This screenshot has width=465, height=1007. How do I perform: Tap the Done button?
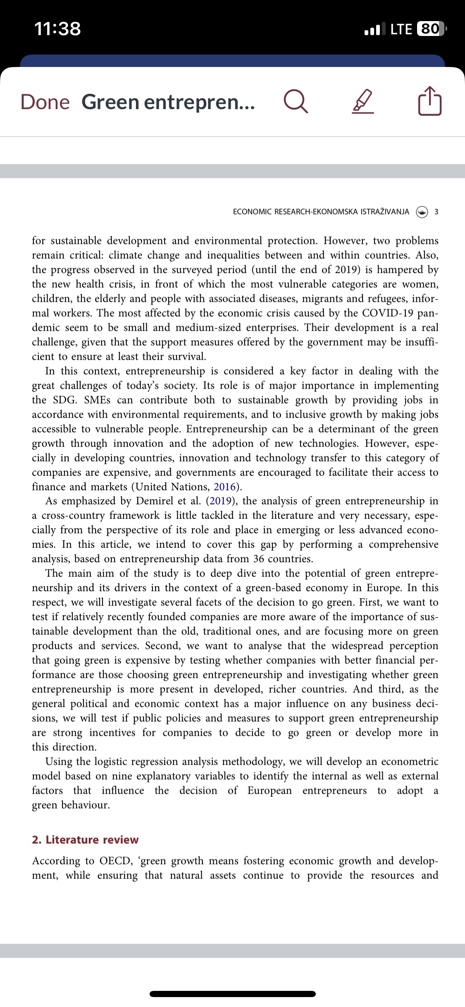[x=45, y=102]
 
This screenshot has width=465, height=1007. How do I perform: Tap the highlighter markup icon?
[x=363, y=102]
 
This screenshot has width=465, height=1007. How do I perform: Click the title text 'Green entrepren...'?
[x=168, y=102]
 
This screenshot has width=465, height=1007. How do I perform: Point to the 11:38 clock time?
[x=57, y=29]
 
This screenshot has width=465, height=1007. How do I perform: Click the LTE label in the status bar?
[x=401, y=29]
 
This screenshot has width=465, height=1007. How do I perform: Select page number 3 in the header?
[x=436, y=212]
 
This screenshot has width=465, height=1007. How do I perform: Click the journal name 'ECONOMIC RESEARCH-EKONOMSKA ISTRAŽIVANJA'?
[x=321, y=212]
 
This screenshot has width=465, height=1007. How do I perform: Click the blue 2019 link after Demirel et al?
[x=220, y=501]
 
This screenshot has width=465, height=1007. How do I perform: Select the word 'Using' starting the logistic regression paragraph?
[x=59, y=761]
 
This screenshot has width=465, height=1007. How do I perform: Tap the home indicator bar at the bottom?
[x=232, y=994]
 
